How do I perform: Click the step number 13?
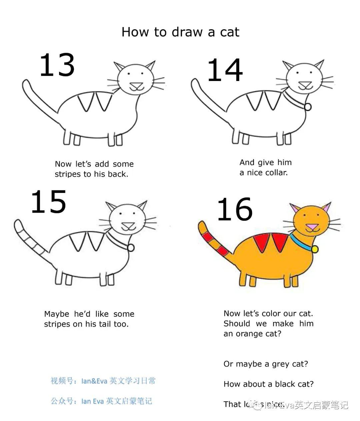(57, 65)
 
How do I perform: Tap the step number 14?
(225, 70)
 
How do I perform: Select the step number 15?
(49, 202)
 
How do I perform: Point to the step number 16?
(235, 209)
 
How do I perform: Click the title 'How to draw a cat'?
(180, 32)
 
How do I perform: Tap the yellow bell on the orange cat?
(314, 249)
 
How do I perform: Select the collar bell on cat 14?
(308, 107)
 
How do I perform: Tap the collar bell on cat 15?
(131, 247)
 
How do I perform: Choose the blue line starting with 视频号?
(103, 381)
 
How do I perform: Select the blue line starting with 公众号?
(101, 401)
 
